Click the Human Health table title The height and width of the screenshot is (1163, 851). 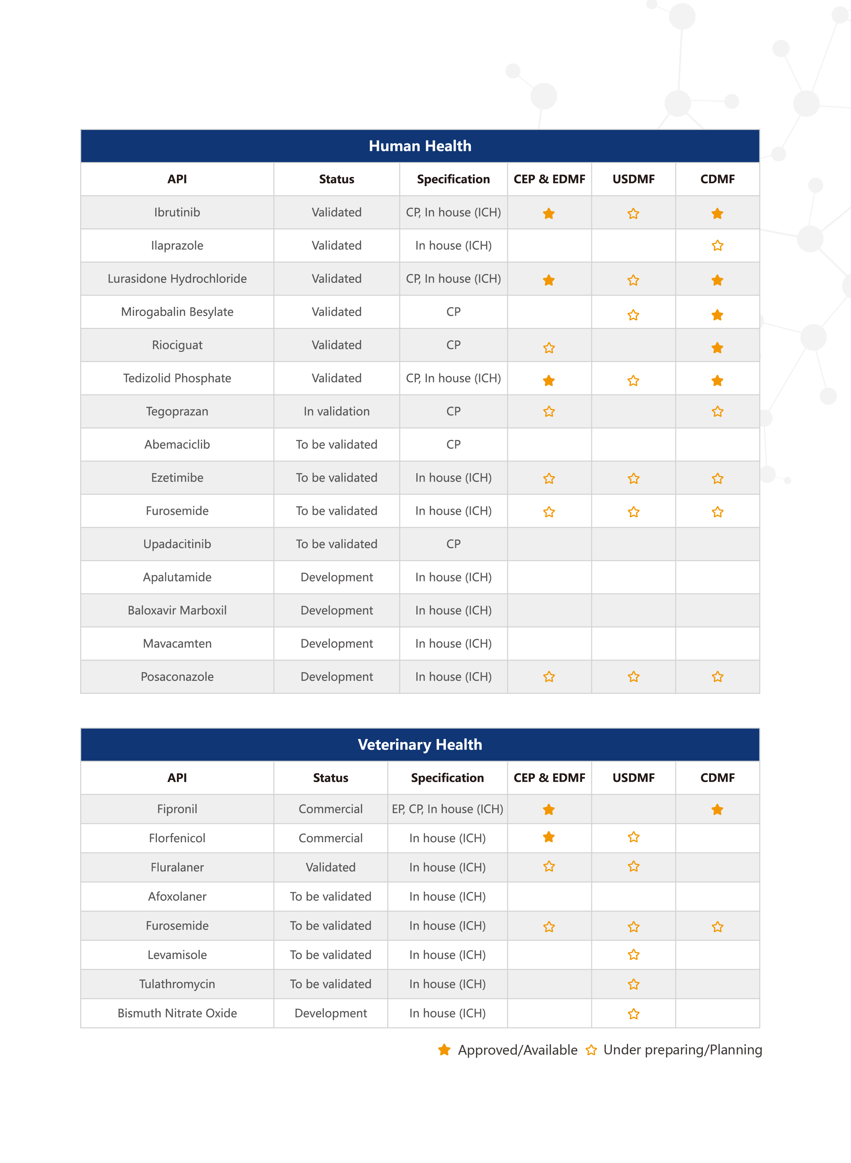coord(420,146)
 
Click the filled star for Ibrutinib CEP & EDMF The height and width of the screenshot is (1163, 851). coord(549,213)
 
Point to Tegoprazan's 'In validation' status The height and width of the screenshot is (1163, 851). coord(337,411)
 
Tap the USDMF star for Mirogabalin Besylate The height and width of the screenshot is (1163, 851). coord(633,315)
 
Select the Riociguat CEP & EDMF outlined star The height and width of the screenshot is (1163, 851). coord(549,348)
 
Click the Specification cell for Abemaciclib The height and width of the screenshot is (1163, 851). coord(453,444)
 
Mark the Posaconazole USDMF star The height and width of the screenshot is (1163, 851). coord(633,676)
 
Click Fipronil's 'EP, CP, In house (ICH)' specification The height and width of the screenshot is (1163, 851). coord(447,809)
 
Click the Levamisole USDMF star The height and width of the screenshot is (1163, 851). coord(633,955)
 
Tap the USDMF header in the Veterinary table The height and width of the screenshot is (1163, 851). coord(633,778)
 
